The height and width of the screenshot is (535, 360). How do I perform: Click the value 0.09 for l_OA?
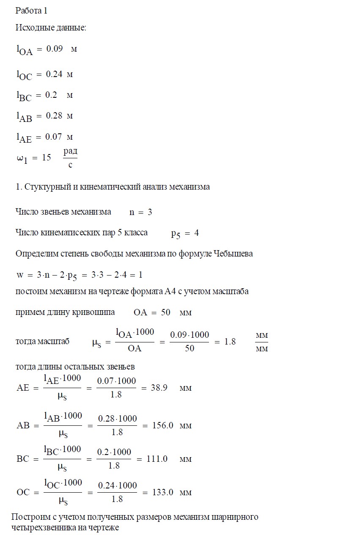(x=55, y=49)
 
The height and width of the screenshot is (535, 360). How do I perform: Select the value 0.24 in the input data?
(x=54, y=74)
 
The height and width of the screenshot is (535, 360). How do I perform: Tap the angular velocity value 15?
(x=47, y=157)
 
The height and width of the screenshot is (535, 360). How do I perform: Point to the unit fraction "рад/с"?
(x=70, y=157)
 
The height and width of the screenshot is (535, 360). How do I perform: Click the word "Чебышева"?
(x=233, y=254)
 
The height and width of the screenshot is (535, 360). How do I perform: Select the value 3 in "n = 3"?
(x=150, y=212)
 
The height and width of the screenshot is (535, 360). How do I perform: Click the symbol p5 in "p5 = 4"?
(x=176, y=234)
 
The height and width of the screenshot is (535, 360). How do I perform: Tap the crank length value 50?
(x=166, y=312)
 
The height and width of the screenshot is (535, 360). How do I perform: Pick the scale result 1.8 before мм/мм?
(x=230, y=342)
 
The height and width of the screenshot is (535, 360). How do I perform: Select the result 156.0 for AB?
(x=163, y=426)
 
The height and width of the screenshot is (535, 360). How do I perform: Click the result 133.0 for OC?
(x=163, y=492)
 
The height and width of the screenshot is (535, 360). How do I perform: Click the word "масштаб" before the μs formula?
(x=53, y=342)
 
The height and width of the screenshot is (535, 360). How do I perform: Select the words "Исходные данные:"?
(x=51, y=28)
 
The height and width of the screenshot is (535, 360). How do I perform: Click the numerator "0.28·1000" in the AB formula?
(x=117, y=419)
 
